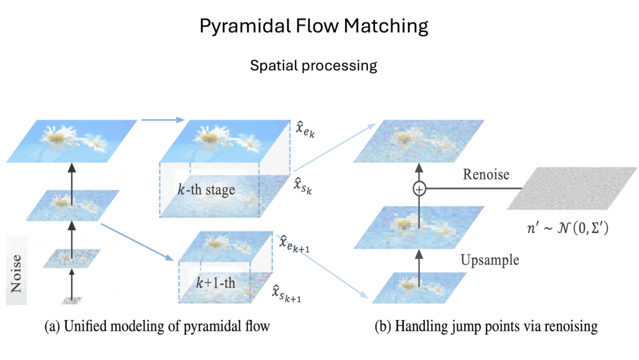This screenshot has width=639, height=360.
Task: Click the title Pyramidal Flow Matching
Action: tap(314, 26)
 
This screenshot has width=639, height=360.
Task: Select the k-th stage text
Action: tap(207, 189)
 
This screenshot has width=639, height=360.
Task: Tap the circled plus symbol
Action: tap(421, 189)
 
